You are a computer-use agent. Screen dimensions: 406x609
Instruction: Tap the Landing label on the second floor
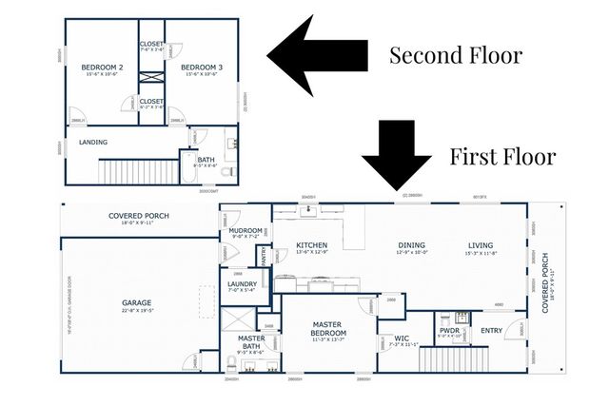tap(93, 143)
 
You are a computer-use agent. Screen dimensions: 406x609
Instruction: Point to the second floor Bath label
tap(206, 160)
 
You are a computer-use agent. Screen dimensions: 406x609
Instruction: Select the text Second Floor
tap(455, 55)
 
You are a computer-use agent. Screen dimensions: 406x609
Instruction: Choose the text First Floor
tap(502, 156)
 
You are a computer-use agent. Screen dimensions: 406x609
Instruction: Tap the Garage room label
tap(136, 303)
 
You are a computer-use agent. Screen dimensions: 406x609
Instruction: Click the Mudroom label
tap(246, 230)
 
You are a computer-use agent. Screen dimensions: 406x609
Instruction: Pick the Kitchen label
tap(312, 244)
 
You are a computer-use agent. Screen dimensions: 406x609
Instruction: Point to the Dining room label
tap(411, 244)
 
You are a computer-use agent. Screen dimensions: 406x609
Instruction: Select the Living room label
tap(481, 244)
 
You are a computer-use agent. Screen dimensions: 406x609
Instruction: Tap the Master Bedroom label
tap(327, 329)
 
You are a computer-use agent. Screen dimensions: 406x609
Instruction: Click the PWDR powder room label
tap(447, 330)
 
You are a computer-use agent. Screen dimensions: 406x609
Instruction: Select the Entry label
tap(491, 331)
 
